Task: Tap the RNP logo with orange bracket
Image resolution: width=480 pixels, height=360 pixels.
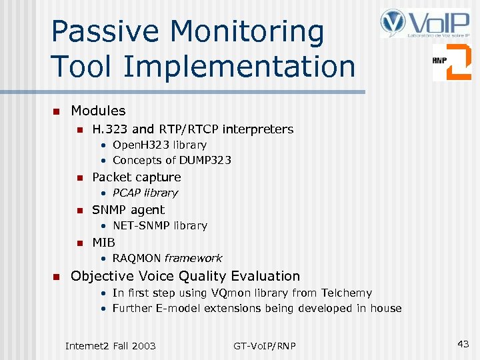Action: pyautogui.click(x=451, y=62)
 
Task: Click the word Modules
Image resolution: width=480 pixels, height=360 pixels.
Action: pyautogui.click(x=98, y=111)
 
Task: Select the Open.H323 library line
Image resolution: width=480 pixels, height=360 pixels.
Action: pyautogui.click(x=159, y=145)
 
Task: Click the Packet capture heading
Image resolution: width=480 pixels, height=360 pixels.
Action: pyautogui.click(x=136, y=177)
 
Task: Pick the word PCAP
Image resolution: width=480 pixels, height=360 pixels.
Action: pyautogui.click(x=127, y=193)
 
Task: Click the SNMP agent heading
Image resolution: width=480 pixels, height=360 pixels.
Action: pyautogui.click(x=128, y=209)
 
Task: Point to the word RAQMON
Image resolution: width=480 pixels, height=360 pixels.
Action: pyautogui.click(x=137, y=258)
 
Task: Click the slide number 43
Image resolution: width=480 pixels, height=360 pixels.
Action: pyautogui.click(x=463, y=344)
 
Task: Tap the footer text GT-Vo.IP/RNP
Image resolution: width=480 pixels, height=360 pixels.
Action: pyautogui.click(x=265, y=345)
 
